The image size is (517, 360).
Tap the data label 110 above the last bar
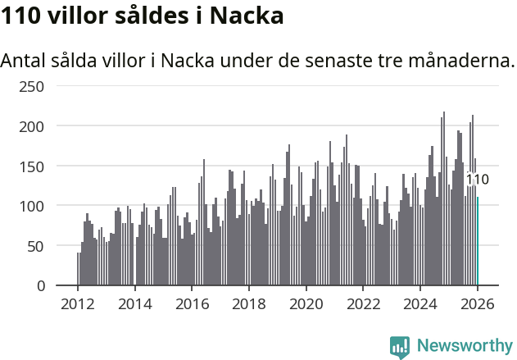pyautogui.click(x=478, y=180)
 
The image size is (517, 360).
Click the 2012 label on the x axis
pyautogui.click(x=78, y=303)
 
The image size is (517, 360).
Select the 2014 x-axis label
pyautogui.click(x=135, y=303)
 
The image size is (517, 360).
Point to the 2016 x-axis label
pyautogui.click(x=192, y=303)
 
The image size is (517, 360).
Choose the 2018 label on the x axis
pyautogui.click(x=249, y=303)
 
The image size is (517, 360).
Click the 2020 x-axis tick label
pyautogui.click(x=306, y=303)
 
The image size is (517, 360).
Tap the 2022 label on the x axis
pyautogui.click(x=363, y=303)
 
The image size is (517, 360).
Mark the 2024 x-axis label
pyautogui.click(x=420, y=303)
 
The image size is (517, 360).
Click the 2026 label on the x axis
pyautogui.click(x=478, y=303)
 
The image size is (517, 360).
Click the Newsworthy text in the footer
pyautogui.click(x=465, y=346)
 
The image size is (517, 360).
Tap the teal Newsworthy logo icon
pyautogui.click(x=400, y=347)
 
